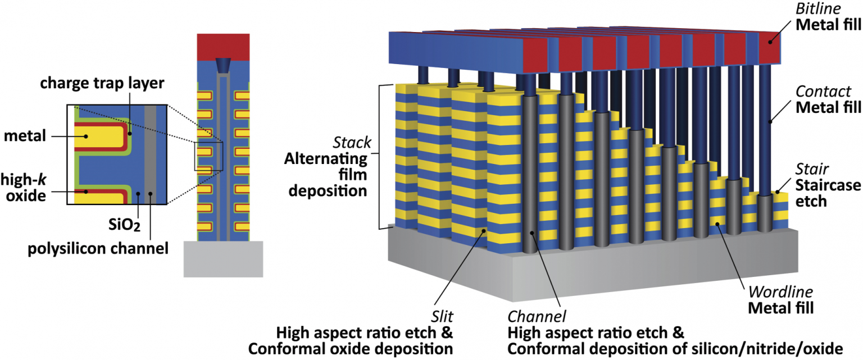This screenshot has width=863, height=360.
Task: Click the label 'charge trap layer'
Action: (x=102, y=83)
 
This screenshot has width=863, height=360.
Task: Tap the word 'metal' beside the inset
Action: (x=25, y=135)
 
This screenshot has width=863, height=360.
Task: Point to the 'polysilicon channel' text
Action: (x=98, y=249)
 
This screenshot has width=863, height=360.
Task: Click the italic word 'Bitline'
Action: (x=818, y=8)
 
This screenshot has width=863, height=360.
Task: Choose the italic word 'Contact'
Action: (x=823, y=92)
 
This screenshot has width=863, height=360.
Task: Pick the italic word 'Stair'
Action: (x=812, y=169)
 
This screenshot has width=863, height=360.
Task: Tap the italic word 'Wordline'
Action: (x=780, y=292)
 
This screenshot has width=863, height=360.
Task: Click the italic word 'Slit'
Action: (x=442, y=317)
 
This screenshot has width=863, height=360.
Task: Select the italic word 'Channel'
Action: (x=537, y=317)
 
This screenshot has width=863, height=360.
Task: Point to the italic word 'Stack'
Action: (x=352, y=143)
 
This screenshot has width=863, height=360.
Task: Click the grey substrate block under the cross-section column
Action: (x=223, y=259)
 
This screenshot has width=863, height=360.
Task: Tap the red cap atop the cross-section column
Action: (x=223, y=47)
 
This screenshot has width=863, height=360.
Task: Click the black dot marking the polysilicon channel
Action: (x=150, y=194)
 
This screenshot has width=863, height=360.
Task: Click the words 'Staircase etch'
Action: (x=828, y=193)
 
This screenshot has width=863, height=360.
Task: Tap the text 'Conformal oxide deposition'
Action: (x=351, y=349)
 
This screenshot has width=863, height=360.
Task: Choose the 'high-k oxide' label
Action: (x=24, y=188)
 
